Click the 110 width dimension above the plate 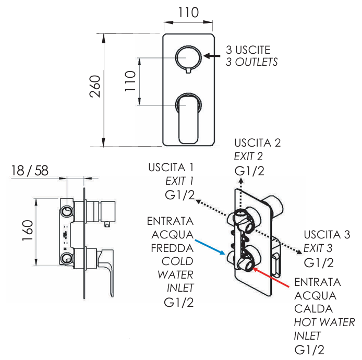[188, 13]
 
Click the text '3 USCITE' [248, 50]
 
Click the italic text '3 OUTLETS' [251, 62]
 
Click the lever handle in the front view [188, 117]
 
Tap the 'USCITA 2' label [258, 142]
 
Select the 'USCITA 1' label [171, 168]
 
